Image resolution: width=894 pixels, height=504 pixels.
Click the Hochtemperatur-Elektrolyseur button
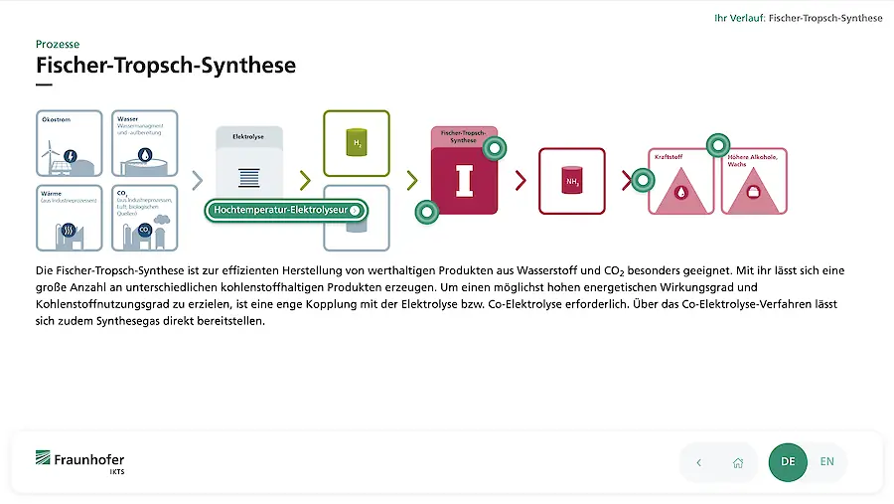[286, 211]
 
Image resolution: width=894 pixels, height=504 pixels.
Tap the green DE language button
[788, 462]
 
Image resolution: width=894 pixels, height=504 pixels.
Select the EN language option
[826, 462]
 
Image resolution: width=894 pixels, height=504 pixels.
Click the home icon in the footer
[738, 463]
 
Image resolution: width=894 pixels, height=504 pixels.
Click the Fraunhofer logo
[80, 461]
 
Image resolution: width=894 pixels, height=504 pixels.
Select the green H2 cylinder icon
[356, 144]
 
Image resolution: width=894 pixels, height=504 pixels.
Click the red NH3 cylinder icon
[571, 181]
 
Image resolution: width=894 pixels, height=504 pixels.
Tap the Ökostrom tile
[70, 144]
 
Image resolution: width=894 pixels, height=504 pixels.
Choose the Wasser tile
[146, 144]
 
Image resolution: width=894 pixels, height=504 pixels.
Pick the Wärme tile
[70, 218]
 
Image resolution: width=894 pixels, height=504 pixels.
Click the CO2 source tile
[146, 218]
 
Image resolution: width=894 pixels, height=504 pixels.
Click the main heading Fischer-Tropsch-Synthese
[166, 66]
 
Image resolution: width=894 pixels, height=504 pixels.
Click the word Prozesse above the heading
[58, 44]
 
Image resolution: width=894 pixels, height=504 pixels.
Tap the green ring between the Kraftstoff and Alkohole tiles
[717, 146]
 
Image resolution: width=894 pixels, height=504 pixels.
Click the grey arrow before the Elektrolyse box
[197, 180]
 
